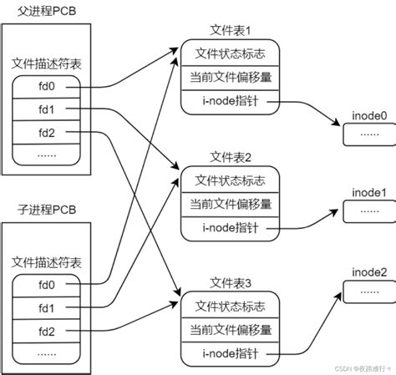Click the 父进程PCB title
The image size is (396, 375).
(39, 10)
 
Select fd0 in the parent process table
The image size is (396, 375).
(46, 86)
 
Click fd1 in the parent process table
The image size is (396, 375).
(46, 109)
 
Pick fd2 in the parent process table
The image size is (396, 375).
(46, 133)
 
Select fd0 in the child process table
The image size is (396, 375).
(46, 285)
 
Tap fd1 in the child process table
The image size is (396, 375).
(46, 308)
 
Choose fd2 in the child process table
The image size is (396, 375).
(46, 332)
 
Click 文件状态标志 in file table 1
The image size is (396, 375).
(230, 53)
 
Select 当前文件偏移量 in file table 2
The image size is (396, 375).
(230, 203)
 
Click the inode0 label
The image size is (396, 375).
(369, 114)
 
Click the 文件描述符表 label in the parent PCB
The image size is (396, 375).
(46, 63)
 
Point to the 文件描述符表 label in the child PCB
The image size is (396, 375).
(46, 261)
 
